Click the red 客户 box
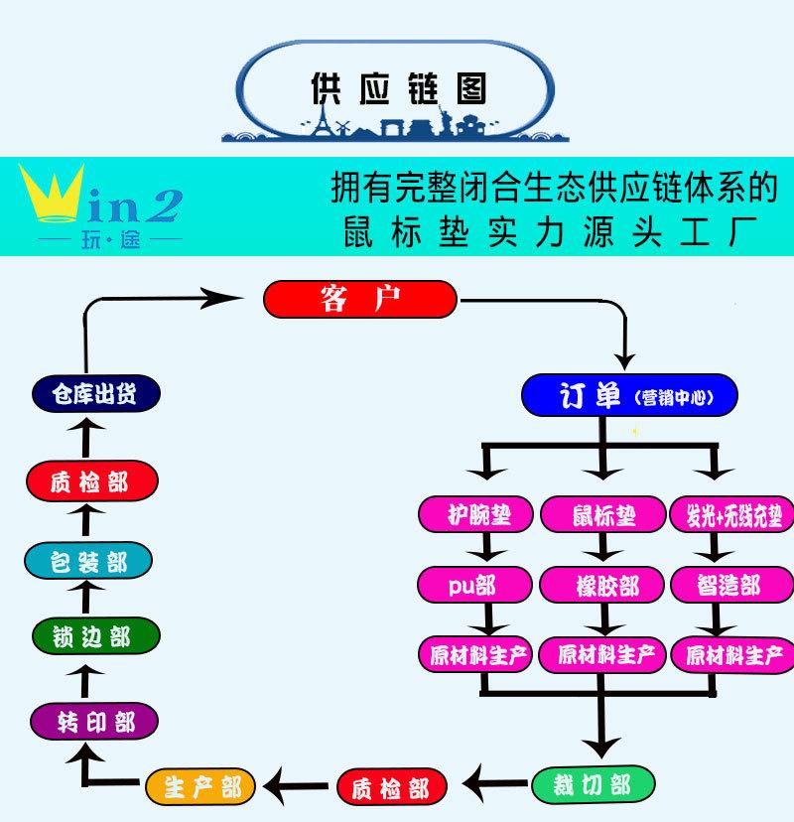(x=360, y=300)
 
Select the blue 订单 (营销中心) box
(x=629, y=395)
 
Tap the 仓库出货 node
(x=96, y=394)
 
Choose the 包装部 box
(x=88, y=561)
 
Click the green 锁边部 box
(x=96, y=636)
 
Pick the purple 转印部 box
(x=94, y=722)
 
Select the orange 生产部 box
(x=200, y=787)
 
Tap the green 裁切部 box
(x=594, y=785)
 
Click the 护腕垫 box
(x=475, y=514)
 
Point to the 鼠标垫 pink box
(x=603, y=514)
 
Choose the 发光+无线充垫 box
(x=732, y=514)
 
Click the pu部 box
(x=474, y=585)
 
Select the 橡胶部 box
(x=602, y=585)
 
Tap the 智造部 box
(x=732, y=585)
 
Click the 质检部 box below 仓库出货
(x=92, y=480)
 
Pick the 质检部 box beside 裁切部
(x=391, y=787)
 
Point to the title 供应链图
(x=399, y=88)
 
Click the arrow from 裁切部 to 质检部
(x=495, y=783)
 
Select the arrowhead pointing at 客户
(x=221, y=298)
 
